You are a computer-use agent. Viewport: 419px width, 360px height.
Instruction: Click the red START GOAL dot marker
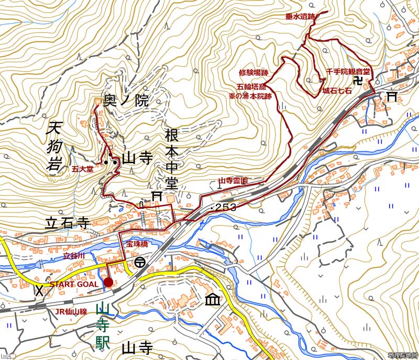point(108,283)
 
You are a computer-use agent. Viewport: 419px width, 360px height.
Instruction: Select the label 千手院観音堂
point(348,72)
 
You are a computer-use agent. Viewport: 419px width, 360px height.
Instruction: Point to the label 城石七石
point(337,91)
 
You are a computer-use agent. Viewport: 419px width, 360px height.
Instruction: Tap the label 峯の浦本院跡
point(250,96)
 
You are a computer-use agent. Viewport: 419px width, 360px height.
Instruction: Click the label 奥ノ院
point(126,102)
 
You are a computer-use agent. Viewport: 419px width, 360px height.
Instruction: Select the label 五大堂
point(83,169)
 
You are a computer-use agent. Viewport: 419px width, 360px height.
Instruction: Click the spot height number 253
point(226,208)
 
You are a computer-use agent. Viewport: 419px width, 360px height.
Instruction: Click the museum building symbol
point(213,300)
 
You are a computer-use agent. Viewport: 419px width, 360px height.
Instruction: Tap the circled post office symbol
point(140,264)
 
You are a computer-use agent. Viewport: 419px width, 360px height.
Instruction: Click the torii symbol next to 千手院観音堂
point(391,96)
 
